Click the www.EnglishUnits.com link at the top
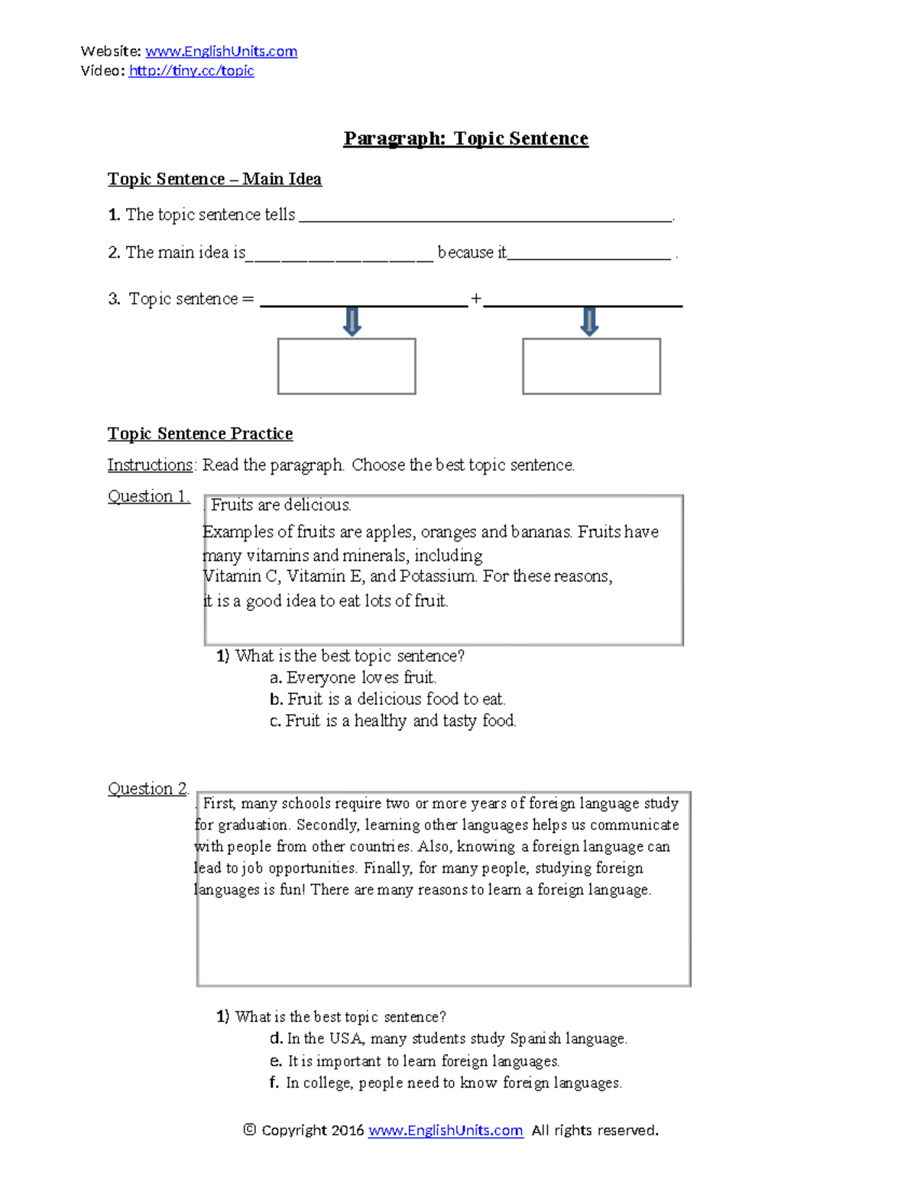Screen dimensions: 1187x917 pos(221,51)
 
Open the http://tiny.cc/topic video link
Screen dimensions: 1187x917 pos(191,70)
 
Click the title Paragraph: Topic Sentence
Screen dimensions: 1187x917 pos(465,138)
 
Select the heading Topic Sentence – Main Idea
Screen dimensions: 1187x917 pos(214,179)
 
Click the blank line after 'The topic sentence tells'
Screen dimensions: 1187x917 pos(485,217)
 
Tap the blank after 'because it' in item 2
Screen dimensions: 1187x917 pos(588,255)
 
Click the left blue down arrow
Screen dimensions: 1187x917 pos(352,321)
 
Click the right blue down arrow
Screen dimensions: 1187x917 pos(589,321)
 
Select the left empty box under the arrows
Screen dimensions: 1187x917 pos(346,366)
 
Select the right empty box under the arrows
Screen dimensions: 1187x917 pos(591,366)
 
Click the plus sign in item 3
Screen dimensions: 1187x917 pos(476,299)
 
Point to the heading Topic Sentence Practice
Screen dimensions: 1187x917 pos(200,433)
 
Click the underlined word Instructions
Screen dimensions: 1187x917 pos(150,465)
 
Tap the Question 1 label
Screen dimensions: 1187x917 pos(148,496)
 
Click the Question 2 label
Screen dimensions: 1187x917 pos(147,788)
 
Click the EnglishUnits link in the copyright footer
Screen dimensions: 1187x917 pos(446,1130)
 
